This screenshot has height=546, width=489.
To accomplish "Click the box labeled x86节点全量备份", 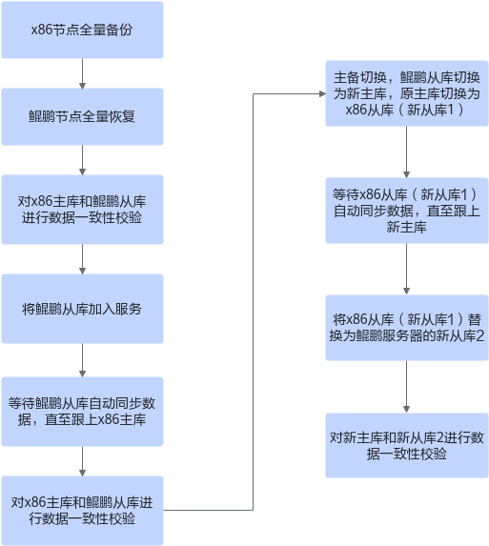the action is (82, 30).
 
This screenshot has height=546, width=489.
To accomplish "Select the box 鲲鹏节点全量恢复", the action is (82, 116).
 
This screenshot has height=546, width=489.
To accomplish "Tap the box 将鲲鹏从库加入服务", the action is (82, 309).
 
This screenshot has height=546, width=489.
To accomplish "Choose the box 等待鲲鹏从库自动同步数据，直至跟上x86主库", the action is (82, 412).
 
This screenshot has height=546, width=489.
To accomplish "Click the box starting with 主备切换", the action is (407, 93).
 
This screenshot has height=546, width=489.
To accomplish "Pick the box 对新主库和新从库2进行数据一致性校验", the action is (407, 445).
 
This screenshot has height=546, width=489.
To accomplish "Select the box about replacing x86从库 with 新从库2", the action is (407, 328).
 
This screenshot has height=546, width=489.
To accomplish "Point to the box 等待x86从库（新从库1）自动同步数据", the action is (407, 211).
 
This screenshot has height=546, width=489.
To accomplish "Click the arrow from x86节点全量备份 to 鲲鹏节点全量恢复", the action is (82, 73).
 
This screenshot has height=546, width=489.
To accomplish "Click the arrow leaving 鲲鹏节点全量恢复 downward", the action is (82, 160).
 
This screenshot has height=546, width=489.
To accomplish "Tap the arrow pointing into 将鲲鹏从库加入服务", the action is (82, 259).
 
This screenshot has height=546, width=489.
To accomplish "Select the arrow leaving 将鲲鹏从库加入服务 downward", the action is (82, 360).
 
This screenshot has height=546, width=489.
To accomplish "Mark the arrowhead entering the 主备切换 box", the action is (322, 93).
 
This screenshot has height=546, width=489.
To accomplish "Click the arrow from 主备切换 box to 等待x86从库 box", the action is (406, 152).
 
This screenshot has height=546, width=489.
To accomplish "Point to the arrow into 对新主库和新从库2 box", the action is (406, 387).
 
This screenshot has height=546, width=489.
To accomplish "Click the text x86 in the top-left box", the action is (42, 30).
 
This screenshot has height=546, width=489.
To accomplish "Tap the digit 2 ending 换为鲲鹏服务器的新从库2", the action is (479, 336).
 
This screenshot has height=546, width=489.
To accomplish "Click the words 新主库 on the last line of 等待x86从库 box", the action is (406, 227).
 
